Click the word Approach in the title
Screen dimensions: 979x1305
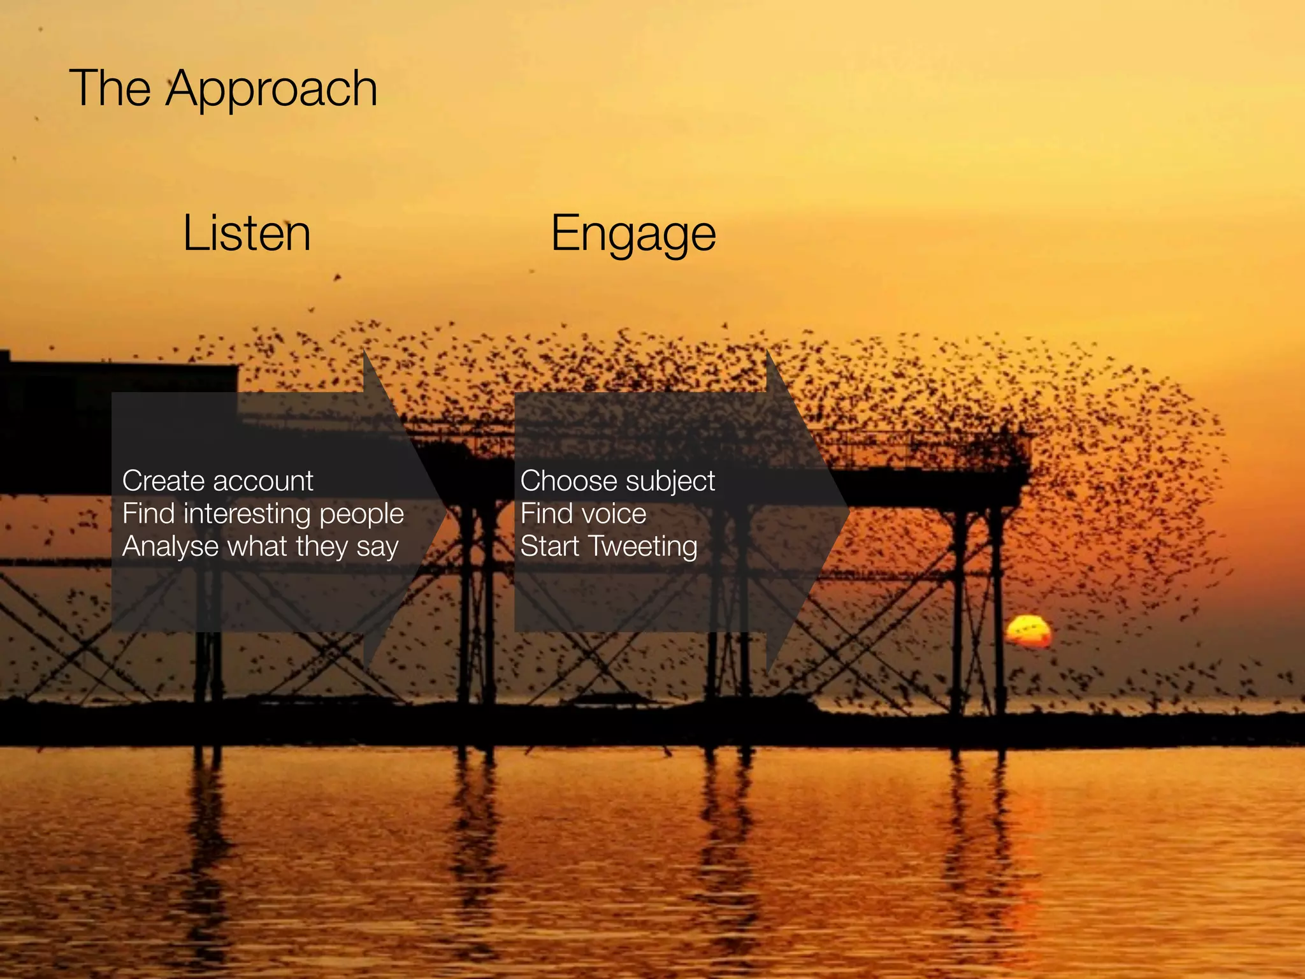[272, 89]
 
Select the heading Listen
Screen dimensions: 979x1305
[247, 233]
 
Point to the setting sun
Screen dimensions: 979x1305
[1028, 632]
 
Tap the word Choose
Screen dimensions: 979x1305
[564, 481]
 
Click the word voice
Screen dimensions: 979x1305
[615, 514]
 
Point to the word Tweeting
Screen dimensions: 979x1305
[643, 547]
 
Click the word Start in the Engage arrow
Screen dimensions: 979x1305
[549, 546]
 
